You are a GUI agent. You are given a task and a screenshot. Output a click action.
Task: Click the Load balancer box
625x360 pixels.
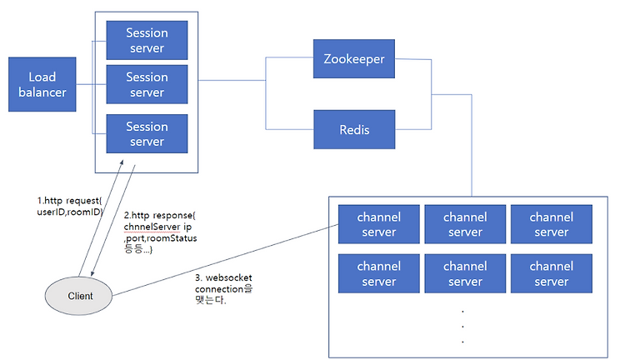tap(42, 84)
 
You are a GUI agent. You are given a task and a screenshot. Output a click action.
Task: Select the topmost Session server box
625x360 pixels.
tap(147, 40)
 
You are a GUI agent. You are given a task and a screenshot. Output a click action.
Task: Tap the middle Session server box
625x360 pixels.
tap(147, 84)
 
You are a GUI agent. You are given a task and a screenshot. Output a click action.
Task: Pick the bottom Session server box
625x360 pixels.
tap(147, 134)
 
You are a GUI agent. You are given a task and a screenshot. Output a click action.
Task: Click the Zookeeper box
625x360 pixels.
tap(354, 58)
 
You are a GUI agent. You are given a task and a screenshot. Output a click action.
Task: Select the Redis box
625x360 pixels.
tap(354, 129)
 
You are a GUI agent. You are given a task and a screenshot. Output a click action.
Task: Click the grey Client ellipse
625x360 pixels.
tap(78, 296)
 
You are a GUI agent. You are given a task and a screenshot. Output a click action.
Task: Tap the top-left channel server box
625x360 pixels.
tap(379, 224)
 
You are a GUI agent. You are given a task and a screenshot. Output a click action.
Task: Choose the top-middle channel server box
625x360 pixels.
tap(465, 224)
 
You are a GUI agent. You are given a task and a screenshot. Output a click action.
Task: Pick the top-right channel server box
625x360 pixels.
tap(552, 224)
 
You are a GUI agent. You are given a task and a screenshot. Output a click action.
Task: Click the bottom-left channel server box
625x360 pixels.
tap(379, 273)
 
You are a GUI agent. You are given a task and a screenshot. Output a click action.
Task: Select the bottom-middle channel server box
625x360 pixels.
tap(465, 273)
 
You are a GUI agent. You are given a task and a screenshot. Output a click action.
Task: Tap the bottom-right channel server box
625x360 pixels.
tap(552, 273)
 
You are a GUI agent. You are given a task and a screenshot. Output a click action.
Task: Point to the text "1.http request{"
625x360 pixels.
tap(70, 201)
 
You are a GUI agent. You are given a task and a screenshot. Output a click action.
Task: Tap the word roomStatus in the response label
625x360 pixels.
tap(172, 238)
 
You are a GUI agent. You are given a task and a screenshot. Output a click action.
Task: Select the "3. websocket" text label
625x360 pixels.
tap(223, 277)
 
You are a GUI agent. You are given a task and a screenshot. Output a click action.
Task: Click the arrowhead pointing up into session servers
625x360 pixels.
tap(122, 162)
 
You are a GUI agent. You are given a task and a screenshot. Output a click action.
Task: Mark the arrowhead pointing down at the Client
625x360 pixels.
tap(92, 273)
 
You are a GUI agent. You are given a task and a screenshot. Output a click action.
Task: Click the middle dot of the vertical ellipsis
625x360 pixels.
tap(462, 326)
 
